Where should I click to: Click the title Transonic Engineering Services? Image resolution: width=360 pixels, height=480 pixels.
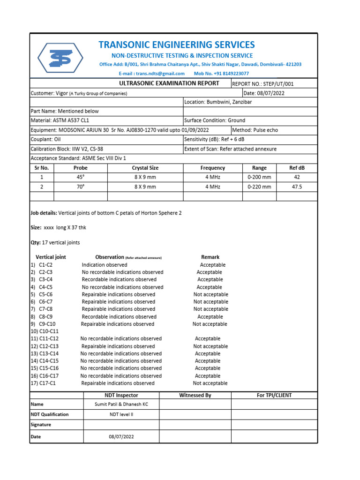pos(176,45)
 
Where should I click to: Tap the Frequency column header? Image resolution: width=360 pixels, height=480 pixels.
pos(212,168)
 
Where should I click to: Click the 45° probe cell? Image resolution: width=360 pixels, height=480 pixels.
pos(81,177)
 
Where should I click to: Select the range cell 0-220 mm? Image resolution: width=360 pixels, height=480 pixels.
pos(259,187)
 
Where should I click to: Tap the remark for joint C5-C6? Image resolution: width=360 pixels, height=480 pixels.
pos(210,294)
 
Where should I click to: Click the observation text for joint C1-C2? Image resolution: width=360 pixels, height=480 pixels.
pos(104,265)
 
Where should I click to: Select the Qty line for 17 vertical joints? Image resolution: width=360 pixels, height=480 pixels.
pos(55,243)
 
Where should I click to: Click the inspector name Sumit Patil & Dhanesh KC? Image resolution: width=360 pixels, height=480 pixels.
pos(121,404)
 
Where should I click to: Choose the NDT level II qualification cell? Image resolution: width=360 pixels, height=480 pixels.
pos(121,414)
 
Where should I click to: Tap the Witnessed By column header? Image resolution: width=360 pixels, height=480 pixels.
pos(195,395)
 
